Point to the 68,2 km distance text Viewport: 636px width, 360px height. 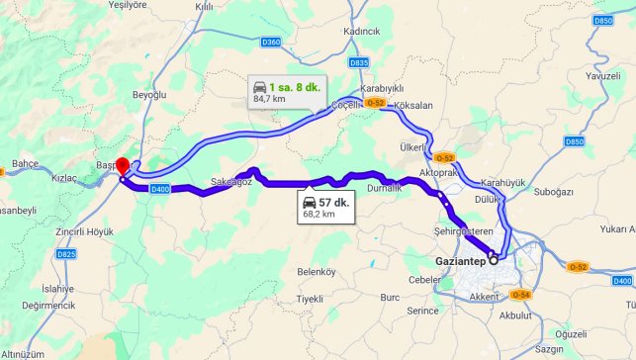coord(318,214)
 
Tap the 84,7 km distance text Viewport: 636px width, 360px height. coord(269,99)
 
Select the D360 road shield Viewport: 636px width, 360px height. coord(272,42)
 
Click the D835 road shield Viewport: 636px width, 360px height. coord(359,62)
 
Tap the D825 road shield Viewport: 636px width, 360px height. coord(66,254)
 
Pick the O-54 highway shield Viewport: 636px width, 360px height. coord(522,295)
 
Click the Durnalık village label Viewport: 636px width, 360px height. coord(384,187)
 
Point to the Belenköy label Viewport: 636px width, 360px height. coord(317,271)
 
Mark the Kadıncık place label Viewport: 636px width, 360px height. coord(361,31)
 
